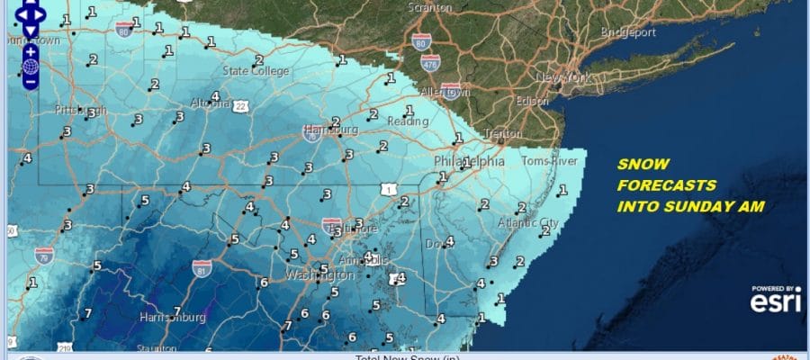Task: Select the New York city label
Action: click(x=563, y=79)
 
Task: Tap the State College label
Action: click(x=256, y=71)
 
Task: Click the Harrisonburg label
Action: click(x=174, y=318)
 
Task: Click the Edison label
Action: click(x=533, y=101)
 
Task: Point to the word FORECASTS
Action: click(x=666, y=186)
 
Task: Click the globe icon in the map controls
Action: click(x=30, y=65)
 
